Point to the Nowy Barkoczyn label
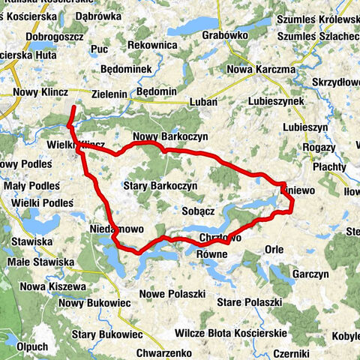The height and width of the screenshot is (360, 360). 170,136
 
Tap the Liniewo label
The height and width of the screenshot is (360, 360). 299,192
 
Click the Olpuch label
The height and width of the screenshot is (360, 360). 31,346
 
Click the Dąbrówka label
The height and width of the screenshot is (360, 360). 98,15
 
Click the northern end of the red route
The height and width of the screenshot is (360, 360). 73,109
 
